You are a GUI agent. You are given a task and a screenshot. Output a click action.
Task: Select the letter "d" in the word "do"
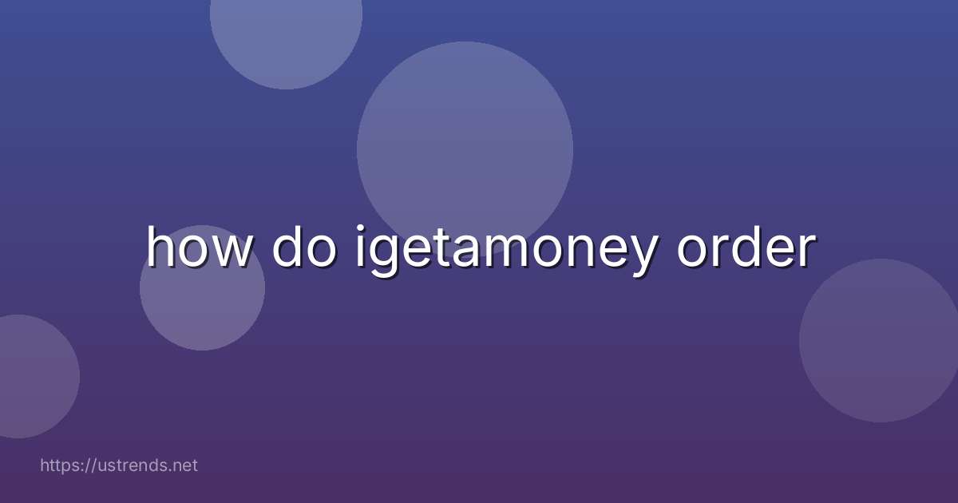[287, 247]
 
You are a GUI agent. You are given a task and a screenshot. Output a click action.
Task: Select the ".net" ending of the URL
[184, 465]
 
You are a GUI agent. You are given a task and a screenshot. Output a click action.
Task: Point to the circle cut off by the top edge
[286, 36]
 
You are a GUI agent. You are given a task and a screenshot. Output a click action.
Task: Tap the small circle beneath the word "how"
[202, 307]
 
